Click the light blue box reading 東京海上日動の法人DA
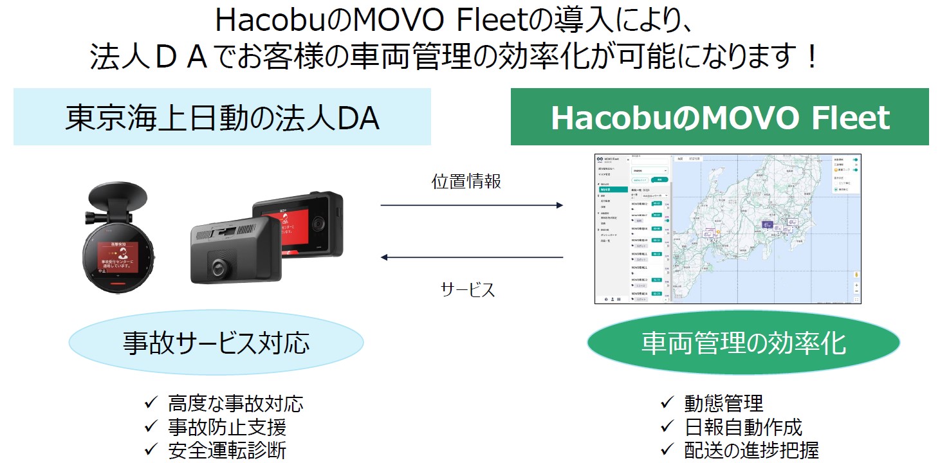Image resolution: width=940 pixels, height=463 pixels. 222,117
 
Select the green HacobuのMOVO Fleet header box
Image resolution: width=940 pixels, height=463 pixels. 719,117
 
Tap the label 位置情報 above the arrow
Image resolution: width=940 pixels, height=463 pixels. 466,182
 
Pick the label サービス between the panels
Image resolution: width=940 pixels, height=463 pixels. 468,289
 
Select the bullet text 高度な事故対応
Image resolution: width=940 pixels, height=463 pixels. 235,404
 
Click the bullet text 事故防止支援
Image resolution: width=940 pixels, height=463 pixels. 227,427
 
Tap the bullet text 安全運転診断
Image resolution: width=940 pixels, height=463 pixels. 227,450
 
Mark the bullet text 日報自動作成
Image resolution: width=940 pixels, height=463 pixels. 743,427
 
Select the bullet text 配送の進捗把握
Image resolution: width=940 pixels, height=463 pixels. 751,450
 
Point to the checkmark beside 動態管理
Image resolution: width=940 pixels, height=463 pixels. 667,404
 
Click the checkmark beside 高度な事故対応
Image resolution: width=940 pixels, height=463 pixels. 151,404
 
